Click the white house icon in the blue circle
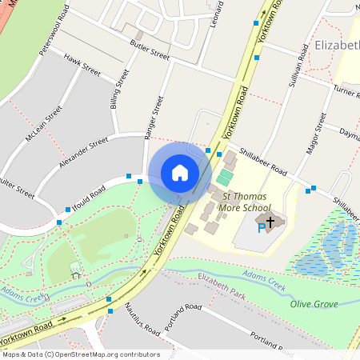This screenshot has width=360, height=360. [x=180, y=173]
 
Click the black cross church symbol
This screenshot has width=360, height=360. [x=270, y=220]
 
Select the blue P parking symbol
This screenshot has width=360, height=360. [x=261, y=229]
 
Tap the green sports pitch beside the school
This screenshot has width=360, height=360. [x=226, y=176]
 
